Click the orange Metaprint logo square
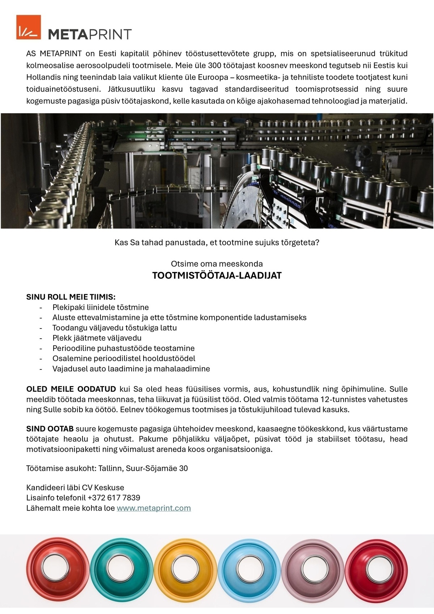[29, 27]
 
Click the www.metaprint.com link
[153, 508]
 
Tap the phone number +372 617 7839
[114, 497]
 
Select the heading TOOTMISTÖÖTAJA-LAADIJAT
[217, 276]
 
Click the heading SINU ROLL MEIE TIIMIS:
[71, 297]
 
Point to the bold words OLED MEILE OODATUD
[71, 389]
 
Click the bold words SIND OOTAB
[50, 429]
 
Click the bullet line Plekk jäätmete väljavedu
[97, 338]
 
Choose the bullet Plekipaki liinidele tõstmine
[101, 308]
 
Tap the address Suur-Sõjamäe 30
[157, 469]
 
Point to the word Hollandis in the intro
[41, 77]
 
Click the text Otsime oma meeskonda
[217, 264]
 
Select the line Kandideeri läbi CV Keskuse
[75, 487]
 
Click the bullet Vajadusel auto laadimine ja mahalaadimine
[131, 369]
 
